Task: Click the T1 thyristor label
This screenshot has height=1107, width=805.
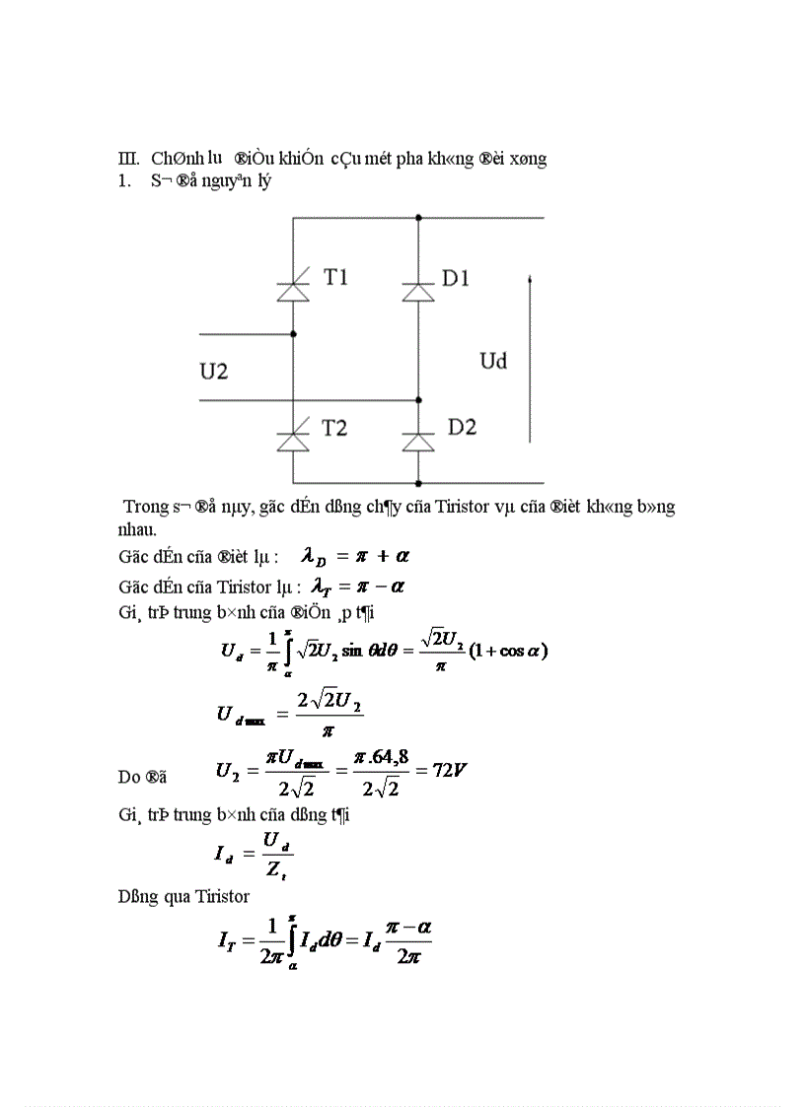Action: click(x=335, y=278)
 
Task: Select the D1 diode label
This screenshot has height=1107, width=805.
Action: click(x=455, y=279)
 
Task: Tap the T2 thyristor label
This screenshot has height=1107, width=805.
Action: click(x=335, y=428)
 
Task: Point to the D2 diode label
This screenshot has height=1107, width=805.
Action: click(x=462, y=427)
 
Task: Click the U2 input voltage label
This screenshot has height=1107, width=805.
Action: click(x=214, y=372)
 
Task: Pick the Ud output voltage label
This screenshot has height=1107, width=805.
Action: click(x=493, y=361)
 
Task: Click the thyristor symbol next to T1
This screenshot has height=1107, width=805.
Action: click(x=293, y=290)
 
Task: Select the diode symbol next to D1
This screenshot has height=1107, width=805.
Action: click(x=418, y=292)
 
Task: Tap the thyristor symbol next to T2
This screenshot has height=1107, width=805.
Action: click(x=293, y=440)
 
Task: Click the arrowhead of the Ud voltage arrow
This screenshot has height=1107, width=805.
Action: click(x=531, y=283)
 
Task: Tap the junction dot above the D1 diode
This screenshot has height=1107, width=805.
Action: click(x=418, y=217)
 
